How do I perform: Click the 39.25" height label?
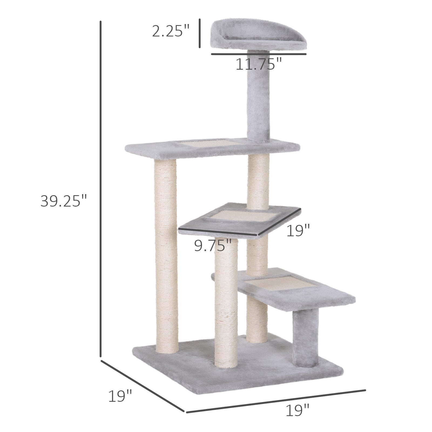coord(64,201)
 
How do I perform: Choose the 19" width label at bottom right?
coord(298,411)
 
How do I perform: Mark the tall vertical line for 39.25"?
coord(100,189)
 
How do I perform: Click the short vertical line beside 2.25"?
coord(200,33)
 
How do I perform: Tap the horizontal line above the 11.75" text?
coord(259,54)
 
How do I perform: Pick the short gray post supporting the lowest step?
coord(306,337)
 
